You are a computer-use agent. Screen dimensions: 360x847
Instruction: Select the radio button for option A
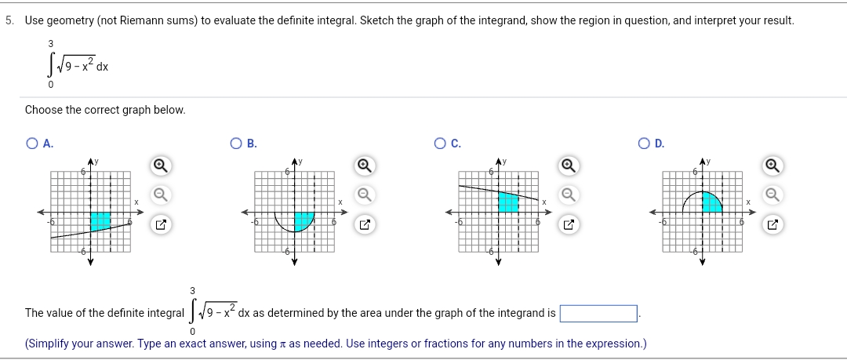point(31,144)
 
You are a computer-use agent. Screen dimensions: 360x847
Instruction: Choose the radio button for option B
point(235,144)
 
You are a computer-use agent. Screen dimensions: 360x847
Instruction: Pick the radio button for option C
point(439,144)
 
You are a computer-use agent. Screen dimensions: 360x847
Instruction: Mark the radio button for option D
point(644,144)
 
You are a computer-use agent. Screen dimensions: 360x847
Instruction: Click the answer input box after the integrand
point(598,314)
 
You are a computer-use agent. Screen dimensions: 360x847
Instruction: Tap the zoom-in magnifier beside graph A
point(159,165)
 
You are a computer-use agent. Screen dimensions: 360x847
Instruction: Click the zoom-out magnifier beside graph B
point(363,194)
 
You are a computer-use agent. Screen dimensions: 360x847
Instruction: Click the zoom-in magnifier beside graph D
point(772,165)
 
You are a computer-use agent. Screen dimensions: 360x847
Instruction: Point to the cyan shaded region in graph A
point(100,221)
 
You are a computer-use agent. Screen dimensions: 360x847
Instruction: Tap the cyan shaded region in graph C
point(508,202)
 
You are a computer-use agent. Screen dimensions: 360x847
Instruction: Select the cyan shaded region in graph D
point(711,202)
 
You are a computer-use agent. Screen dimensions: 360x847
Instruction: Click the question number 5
point(9,20)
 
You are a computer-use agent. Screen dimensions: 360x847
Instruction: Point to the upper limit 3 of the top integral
point(50,44)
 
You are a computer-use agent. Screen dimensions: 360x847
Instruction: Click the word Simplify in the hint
point(49,344)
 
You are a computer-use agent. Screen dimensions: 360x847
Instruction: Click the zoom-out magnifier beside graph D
point(772,194)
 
